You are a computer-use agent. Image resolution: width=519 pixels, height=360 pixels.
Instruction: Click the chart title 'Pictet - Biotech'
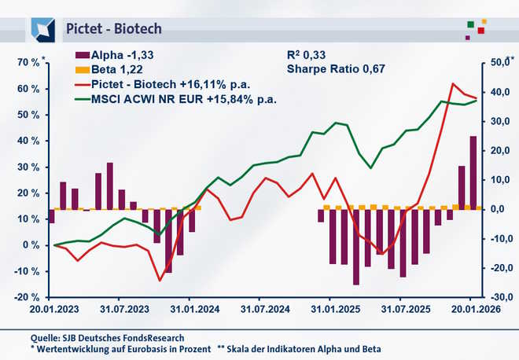point(113,29)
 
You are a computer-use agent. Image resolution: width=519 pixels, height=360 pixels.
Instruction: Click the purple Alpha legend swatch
point(82,55)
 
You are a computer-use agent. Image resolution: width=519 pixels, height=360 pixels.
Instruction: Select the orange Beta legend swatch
point(82,69)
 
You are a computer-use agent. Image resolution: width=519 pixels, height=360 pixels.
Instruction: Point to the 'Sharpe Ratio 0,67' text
point(334,69)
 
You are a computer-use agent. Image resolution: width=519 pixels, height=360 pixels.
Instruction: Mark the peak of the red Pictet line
point(453,83)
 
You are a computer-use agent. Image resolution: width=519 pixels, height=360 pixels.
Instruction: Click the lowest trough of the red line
point(160,280)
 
